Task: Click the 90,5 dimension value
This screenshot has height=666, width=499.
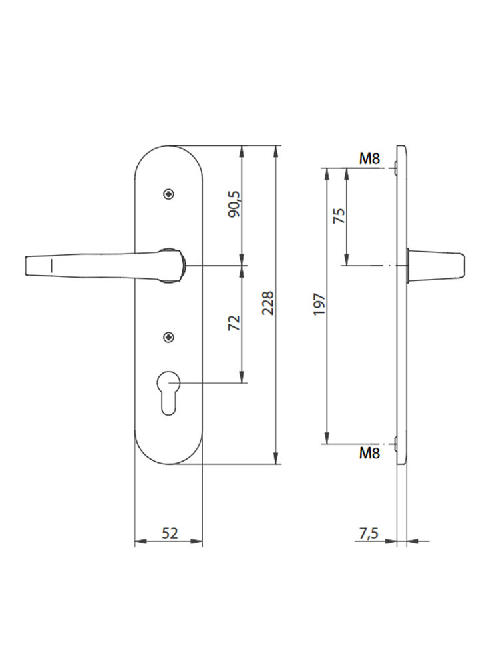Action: click(x=234, y=204)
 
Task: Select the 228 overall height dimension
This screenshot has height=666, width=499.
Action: click(x=267, y=303)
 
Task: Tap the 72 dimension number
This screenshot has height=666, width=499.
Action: click(x=234, y=323)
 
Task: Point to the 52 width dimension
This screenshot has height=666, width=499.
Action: click(x=170, y=533)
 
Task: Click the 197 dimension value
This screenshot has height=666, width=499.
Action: click(x=319, y=304)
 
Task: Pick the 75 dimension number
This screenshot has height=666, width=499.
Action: click(x=339, y=216)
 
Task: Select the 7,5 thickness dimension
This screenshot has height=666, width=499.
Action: click(x=369, y=533)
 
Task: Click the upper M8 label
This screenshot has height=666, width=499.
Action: click(x=369, y=159)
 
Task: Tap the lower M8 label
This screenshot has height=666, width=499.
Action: click(x=369, y=453)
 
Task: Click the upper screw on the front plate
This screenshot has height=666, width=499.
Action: click(x=169, y=194)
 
